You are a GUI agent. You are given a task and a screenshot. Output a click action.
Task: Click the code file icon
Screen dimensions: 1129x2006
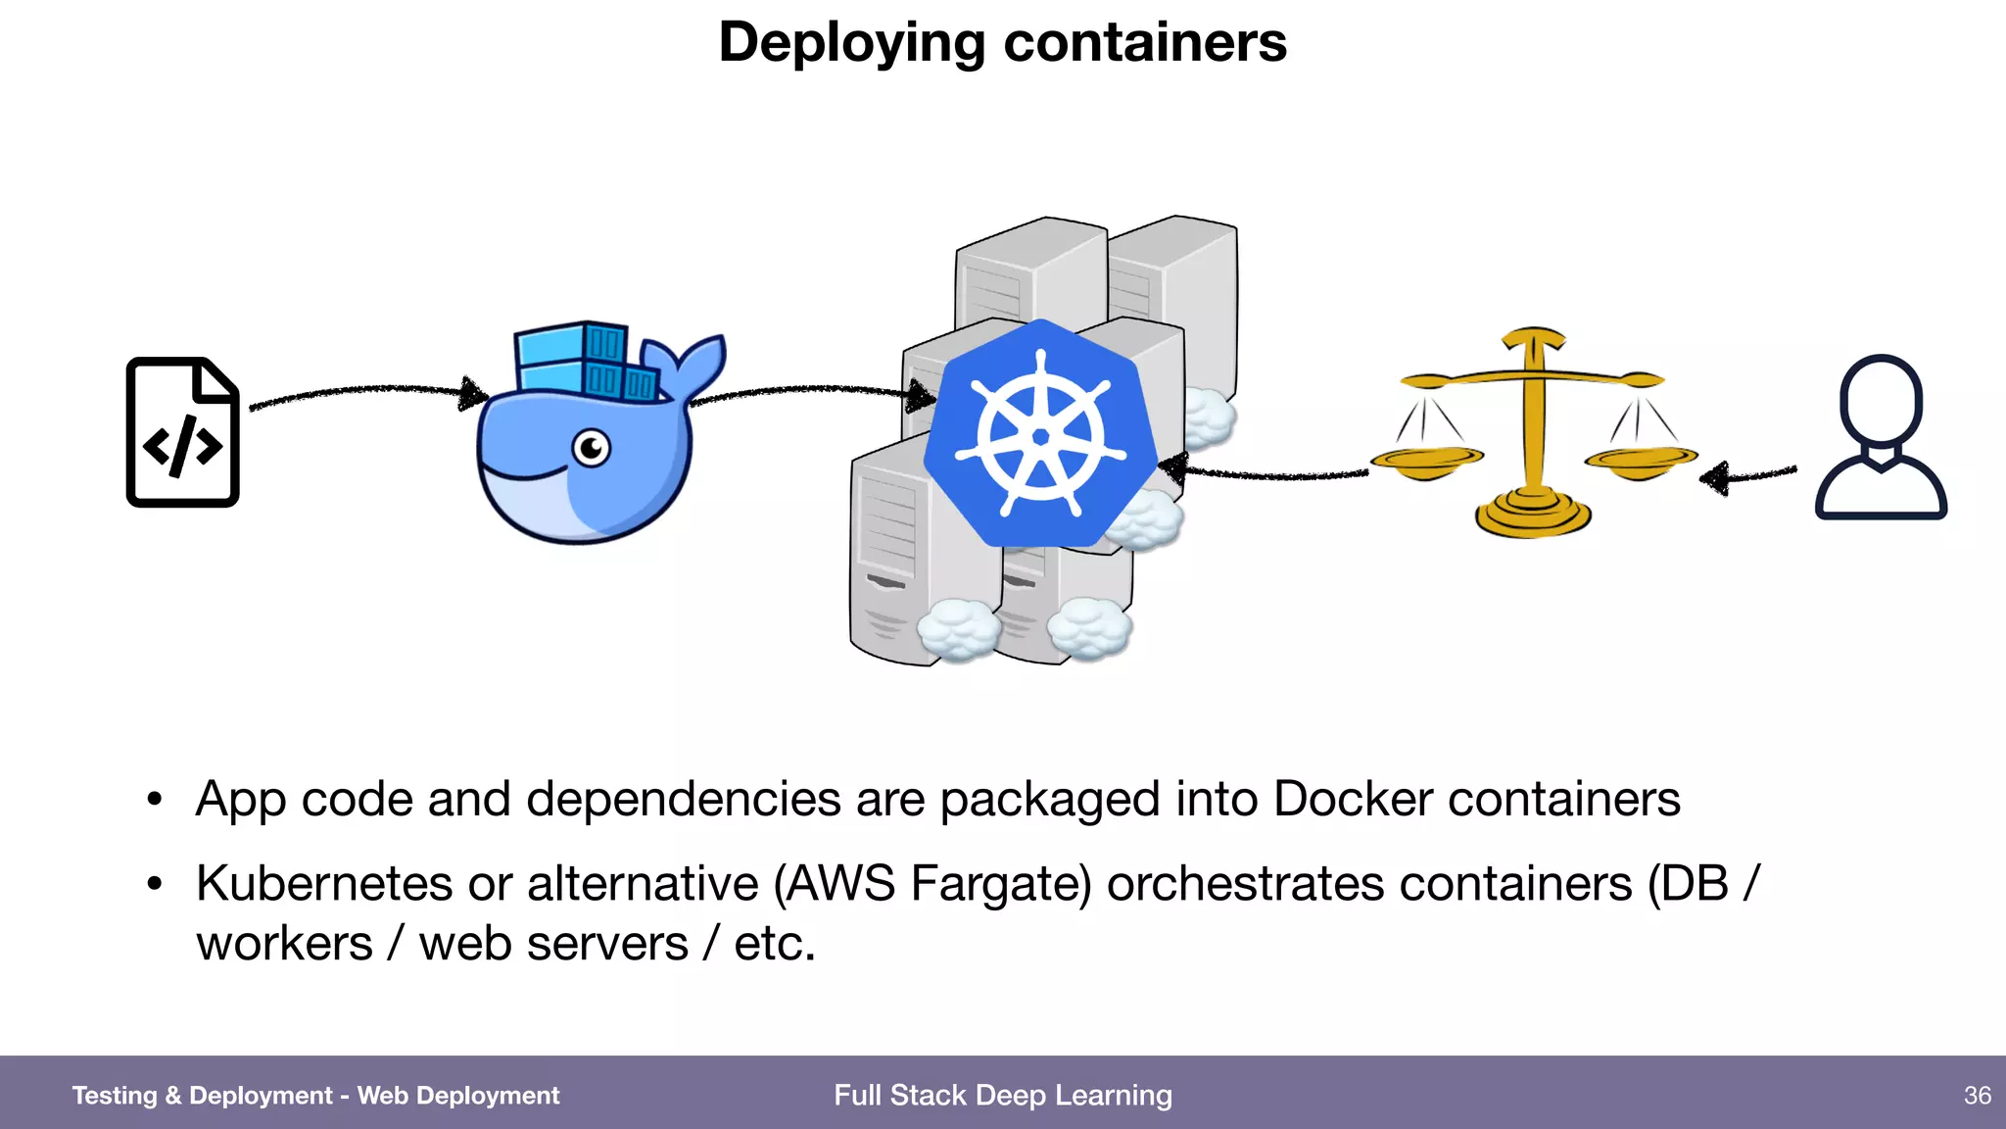(x=183, y=432)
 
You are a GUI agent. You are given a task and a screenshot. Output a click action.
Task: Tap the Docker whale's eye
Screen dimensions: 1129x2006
(x=592, y=449)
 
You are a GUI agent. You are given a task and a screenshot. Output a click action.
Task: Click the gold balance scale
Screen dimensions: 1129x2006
(x=1533, y=432)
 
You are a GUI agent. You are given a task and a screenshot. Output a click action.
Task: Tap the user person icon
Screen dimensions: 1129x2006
(x=1881, y=437)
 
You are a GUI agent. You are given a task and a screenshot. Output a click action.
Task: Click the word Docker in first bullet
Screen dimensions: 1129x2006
(x=1353, y=799)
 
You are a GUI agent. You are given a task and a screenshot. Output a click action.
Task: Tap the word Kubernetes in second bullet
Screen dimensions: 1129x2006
(x=324, y=883)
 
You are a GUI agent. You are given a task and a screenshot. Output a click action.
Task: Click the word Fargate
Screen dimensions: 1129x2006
(x=1000, y=883)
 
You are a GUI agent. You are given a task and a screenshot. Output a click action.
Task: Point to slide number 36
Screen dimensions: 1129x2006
(x=1977, y=1095)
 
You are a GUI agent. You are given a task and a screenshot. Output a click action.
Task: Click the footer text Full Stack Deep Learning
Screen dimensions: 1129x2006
(x=1002, y=1095)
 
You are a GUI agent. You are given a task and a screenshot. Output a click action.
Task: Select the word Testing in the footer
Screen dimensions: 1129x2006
(x=114, y=1095)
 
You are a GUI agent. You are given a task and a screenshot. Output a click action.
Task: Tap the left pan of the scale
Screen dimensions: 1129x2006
(x=1426, y=461)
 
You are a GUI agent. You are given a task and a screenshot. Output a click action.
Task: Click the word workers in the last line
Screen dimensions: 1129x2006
(x=284, y=944)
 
